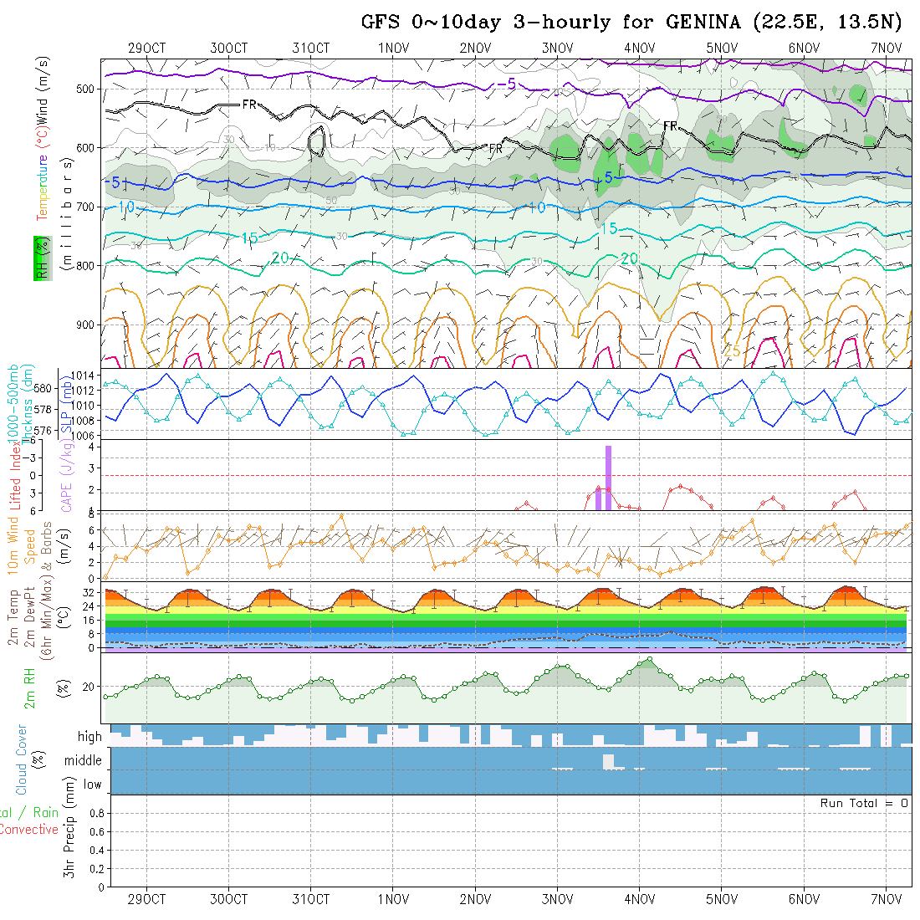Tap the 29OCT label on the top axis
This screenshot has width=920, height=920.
(147, 48)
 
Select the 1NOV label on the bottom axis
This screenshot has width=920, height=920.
(393, 899)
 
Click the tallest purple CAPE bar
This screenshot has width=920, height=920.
(608, 478)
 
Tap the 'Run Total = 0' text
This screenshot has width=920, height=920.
(864, 803)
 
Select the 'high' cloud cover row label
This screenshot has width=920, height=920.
(89, 737)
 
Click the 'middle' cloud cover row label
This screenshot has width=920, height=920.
(84, 761)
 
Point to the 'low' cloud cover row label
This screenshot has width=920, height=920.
(92, 785)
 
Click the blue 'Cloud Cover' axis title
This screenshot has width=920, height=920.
(22, 759)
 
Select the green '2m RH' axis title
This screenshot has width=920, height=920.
(29, 688)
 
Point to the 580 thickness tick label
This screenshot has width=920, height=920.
(44, 388)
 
